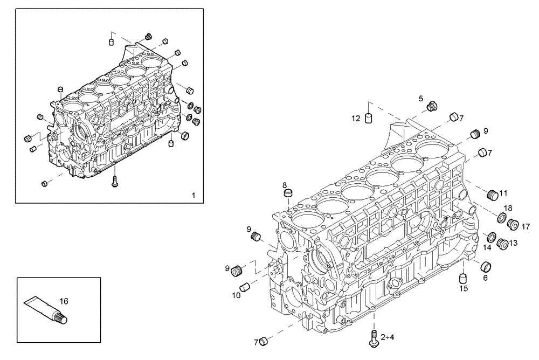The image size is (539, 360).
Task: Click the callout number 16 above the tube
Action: pos(64,302)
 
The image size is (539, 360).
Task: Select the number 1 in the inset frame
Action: pos(194,195)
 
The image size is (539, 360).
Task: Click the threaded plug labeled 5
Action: pos(431,107)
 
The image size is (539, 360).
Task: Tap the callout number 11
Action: pos(503,193)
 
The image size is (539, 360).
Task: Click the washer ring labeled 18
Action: pos(501,218)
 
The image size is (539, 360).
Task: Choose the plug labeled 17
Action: pos(513,222)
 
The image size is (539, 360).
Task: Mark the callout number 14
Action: pos(487,248)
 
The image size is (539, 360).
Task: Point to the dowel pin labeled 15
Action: pos(462,279)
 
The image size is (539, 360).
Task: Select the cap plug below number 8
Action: pos(288,193)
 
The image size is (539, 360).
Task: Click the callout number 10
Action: pos(237,295)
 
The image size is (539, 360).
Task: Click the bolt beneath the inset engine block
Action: pos(115,182)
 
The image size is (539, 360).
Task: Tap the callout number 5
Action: pos(421,98)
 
